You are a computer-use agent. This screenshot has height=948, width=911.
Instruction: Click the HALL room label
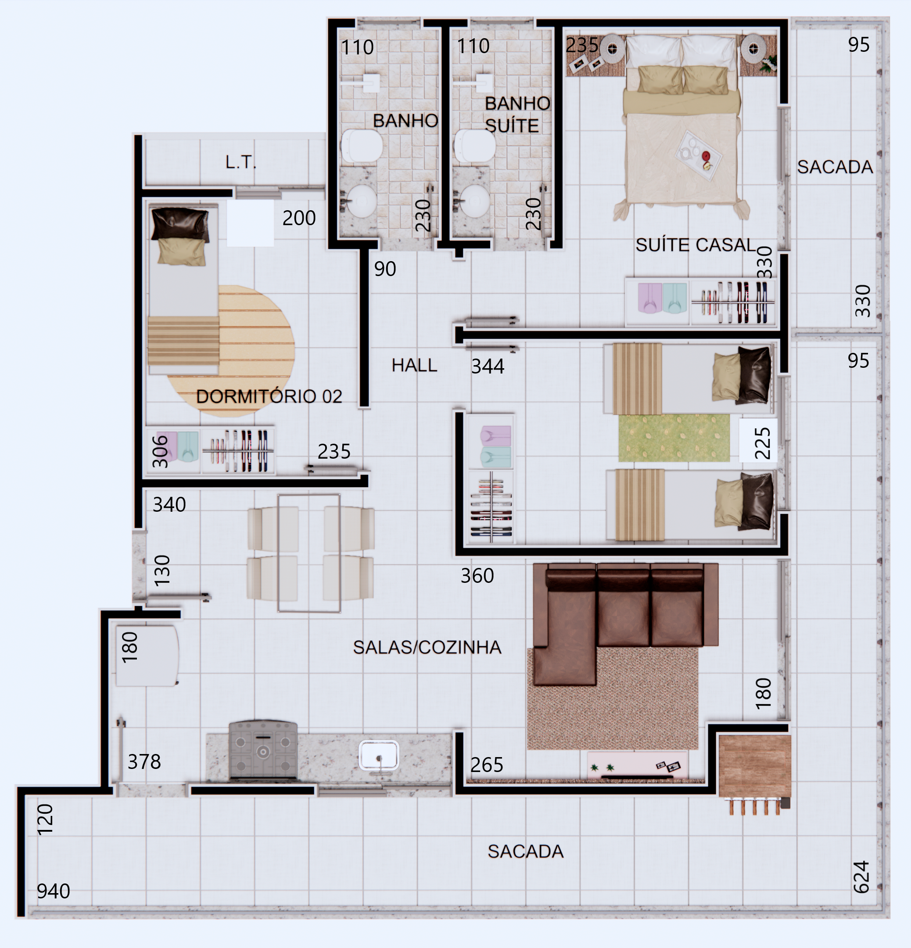(x=414, y=365)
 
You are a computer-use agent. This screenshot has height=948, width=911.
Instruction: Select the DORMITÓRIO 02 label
(x=269, y=397)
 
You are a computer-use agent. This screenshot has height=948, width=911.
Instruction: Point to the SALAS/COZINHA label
(x=427, y=647)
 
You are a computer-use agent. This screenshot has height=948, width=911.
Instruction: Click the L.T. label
(x=241, y=162)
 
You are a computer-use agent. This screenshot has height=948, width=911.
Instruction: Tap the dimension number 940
(x=53, y=891)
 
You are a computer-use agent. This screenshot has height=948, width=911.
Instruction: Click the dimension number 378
(x=144, y=762)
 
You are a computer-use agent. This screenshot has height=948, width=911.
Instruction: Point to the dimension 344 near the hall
(x=488, y=366)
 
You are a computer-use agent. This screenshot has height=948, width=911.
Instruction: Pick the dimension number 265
(x=487, y=765)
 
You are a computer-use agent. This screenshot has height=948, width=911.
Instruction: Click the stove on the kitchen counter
(x=263, y=749)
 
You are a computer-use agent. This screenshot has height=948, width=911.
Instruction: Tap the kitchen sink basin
(x=379, y=755)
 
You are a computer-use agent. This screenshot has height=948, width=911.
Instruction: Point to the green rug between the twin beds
(x=674, y=438)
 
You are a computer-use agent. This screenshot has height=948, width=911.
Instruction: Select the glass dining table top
(x=309, y=553)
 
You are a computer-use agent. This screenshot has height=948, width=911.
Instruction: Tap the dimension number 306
(x=160, y=451)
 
